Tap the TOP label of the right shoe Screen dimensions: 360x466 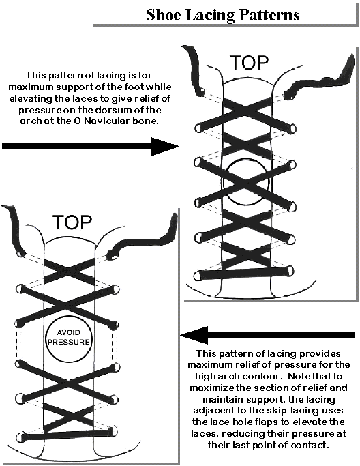[249, 63]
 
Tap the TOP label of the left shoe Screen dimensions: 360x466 [72, 222]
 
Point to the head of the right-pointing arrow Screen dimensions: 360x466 [165, 146]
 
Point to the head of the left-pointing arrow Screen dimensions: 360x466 [194, 335]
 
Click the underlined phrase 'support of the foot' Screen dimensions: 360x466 [100, 87]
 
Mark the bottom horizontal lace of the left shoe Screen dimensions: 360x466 [67, 434]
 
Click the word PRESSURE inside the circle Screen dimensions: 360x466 [69, 342]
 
